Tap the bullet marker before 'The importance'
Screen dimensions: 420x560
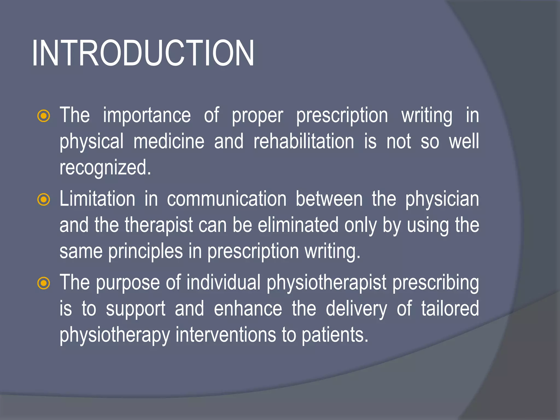43,116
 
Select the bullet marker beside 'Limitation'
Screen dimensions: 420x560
43,200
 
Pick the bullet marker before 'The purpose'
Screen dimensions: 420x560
43,283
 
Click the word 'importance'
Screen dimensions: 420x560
147,115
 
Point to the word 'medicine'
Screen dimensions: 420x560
169,142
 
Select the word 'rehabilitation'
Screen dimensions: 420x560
304,142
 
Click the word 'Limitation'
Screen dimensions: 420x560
97,199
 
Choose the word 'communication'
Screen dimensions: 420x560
227,199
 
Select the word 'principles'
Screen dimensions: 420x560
145,252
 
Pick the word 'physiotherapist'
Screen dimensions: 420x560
326,283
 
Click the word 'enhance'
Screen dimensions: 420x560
248,309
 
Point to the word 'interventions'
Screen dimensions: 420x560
226,335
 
